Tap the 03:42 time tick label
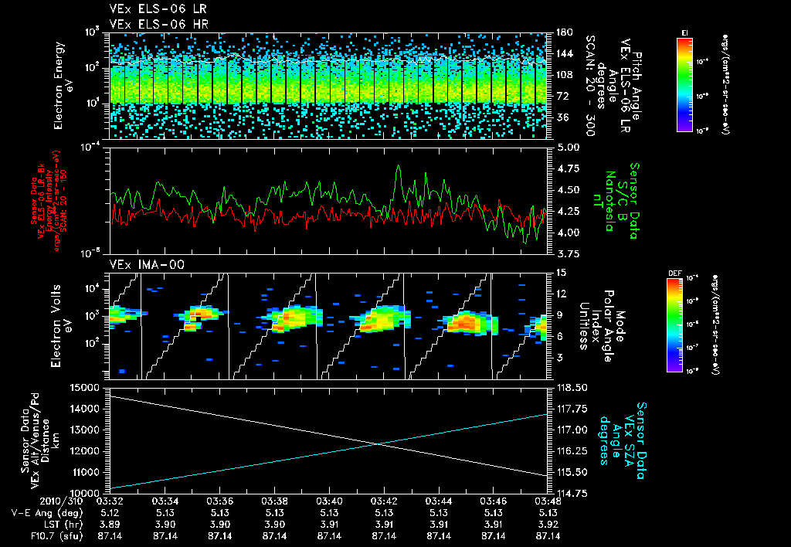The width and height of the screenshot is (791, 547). pos(384,501)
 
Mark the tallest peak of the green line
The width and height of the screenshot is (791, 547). pos(399,165)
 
